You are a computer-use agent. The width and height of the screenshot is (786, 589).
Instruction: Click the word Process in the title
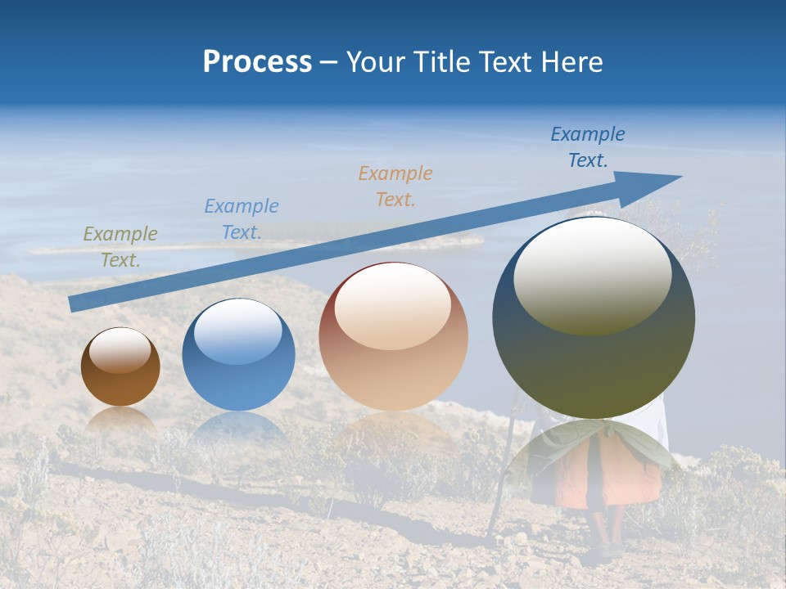257,61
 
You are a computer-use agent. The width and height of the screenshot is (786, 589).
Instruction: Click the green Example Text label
120,246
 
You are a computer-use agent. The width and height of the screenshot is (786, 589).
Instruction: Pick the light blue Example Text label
242,218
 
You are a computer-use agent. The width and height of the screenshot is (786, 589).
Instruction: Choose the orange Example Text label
395,186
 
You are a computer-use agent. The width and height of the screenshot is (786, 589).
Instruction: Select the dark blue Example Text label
588,146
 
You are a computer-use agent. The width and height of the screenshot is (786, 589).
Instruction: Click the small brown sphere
120,366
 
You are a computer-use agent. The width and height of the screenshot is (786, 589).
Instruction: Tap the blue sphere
238,354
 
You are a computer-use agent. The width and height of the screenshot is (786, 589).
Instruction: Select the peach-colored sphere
393,336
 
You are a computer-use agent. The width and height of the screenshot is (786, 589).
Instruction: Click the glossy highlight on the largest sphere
592,275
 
